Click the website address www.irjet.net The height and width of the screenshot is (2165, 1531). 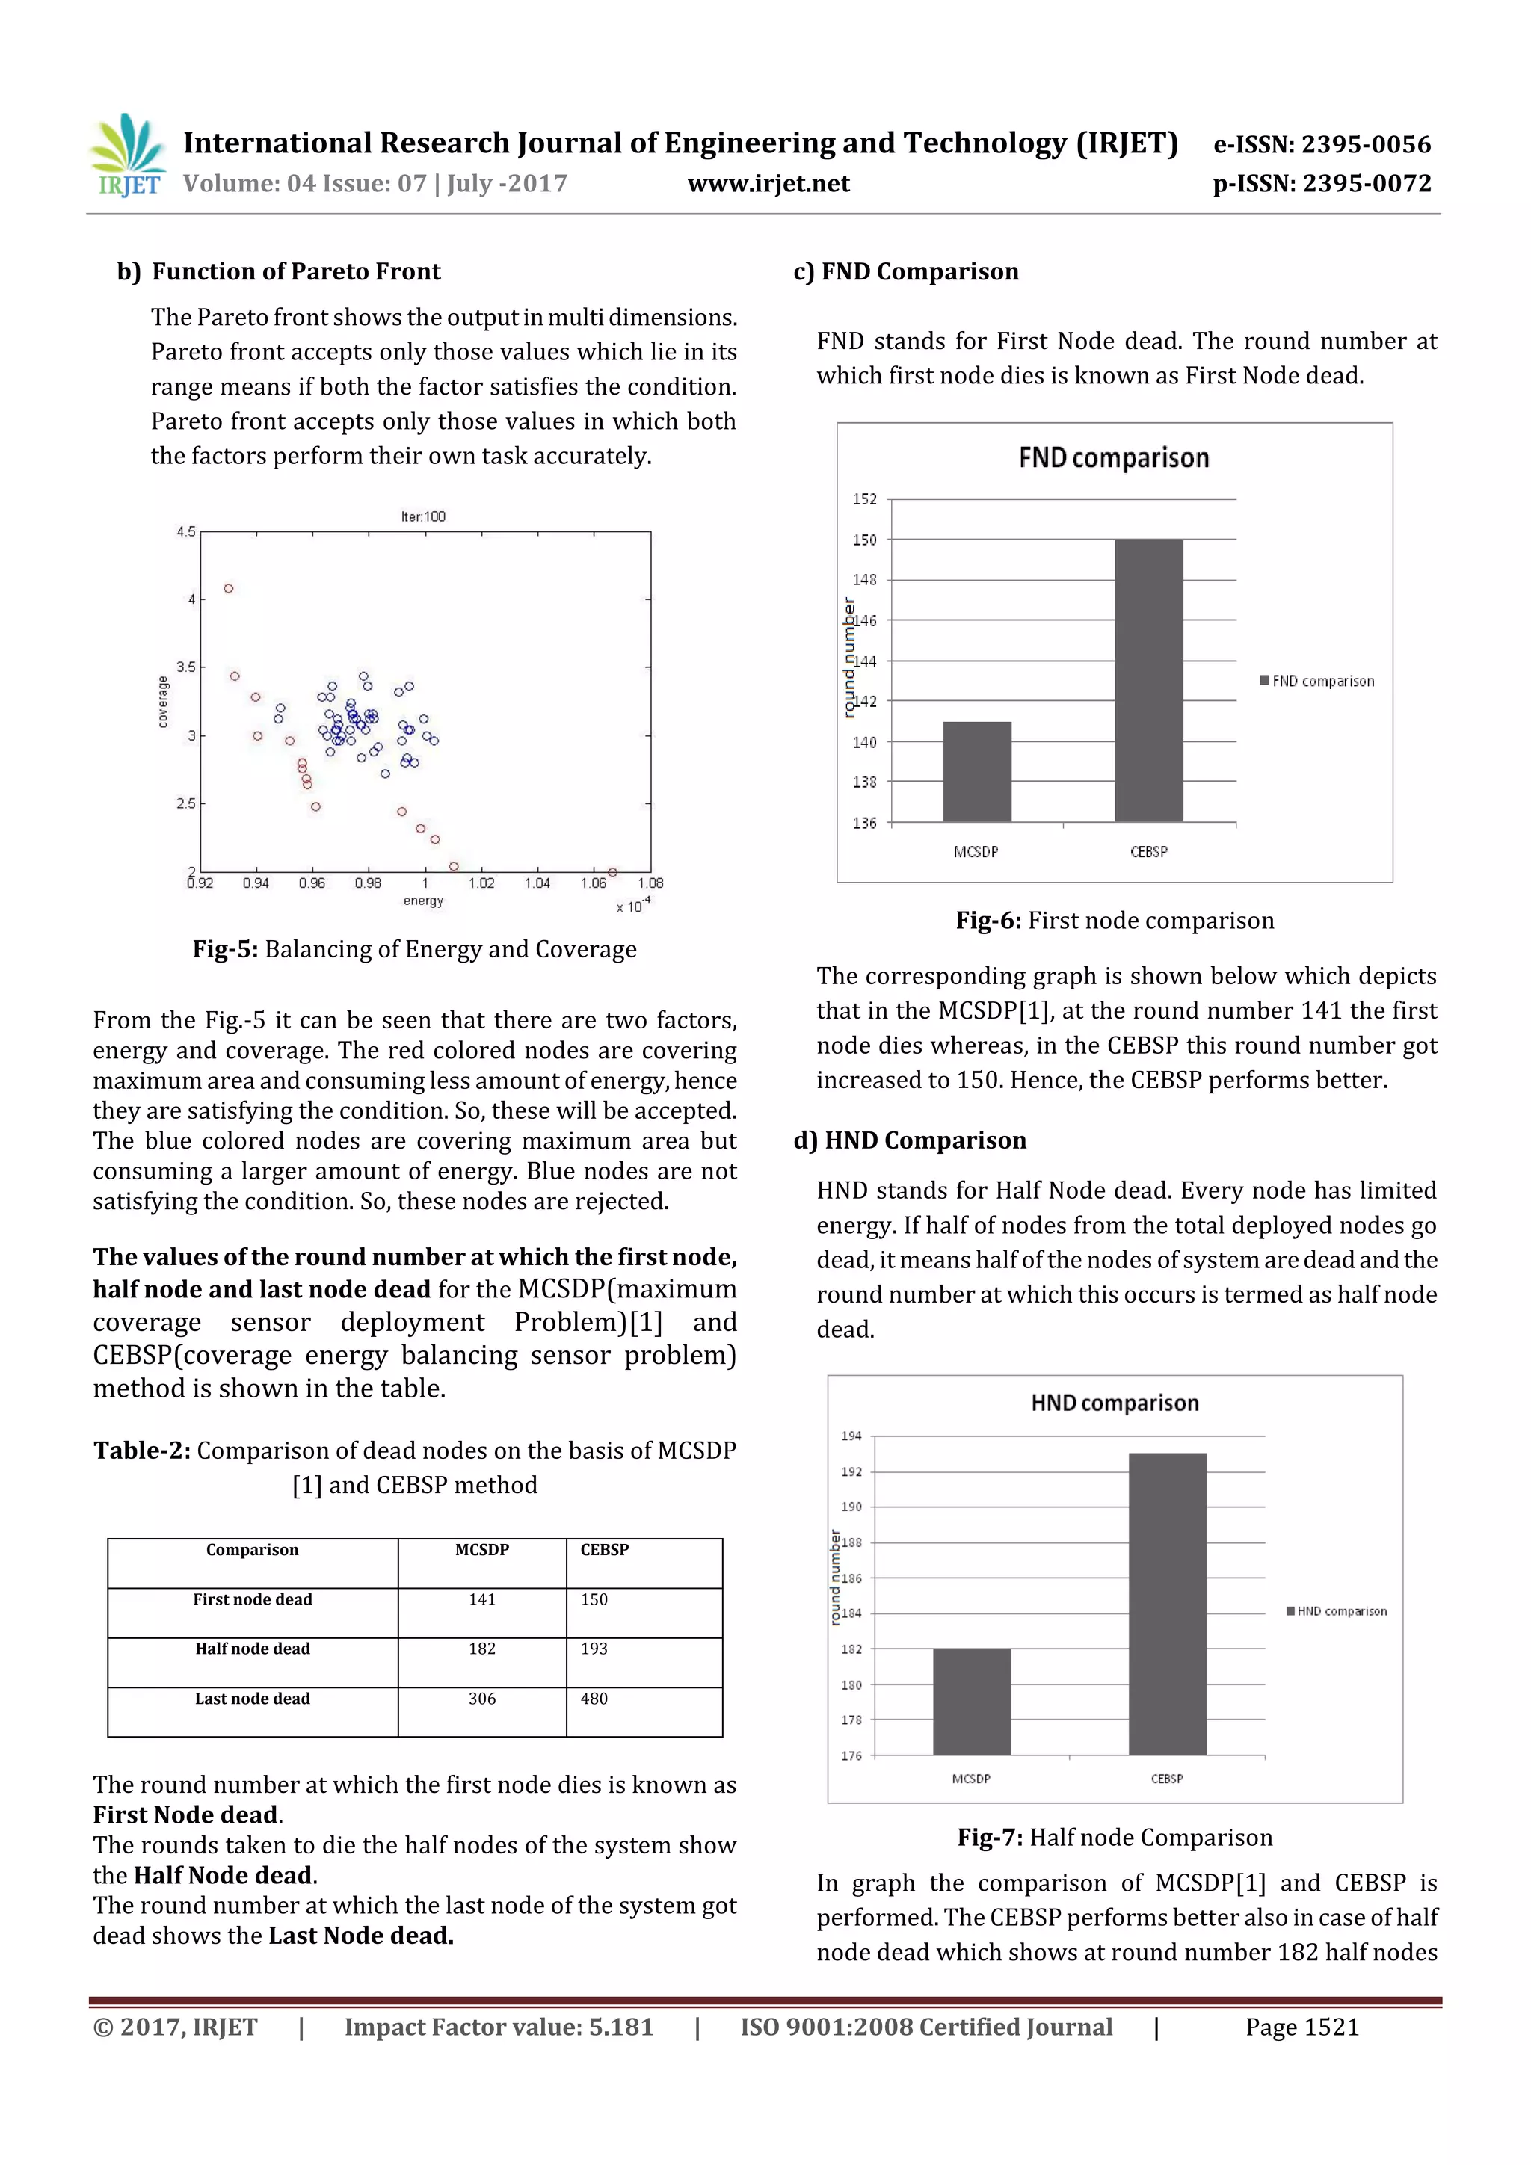point(768,183)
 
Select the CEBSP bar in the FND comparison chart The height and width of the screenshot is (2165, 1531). point(1148,680)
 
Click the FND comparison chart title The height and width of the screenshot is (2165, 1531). point(1113,458)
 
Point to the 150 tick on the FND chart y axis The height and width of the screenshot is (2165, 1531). point(864,540)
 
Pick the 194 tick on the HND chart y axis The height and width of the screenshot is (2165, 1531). point(851,1436)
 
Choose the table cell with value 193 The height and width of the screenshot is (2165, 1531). point(594,1649)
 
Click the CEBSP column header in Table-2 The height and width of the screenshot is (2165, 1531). point(605,1549)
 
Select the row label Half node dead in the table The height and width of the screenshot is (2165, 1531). point(252,1649)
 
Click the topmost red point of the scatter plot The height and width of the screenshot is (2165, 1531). point(228,588)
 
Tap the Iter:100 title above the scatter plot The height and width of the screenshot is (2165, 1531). point(422,516)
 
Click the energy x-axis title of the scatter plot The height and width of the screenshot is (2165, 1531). point(422,901)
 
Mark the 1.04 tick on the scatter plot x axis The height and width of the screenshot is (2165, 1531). point(537,883)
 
